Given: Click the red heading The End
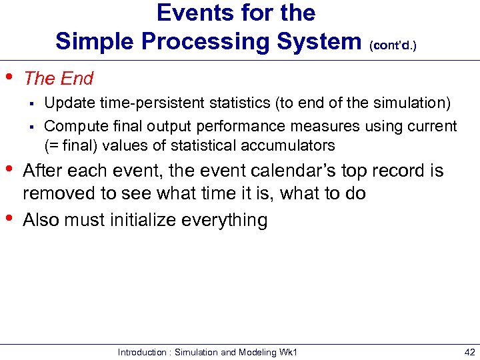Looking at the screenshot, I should pos(59,79).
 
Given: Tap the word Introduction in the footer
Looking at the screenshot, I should pos(141,352).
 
